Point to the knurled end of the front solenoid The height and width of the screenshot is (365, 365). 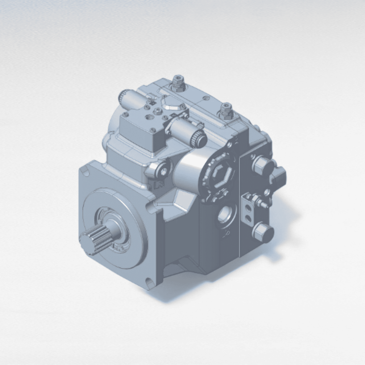click(199, 138)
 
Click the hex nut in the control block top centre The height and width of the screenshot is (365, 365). click(158, 111)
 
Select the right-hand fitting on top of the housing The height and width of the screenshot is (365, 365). click(226, 110)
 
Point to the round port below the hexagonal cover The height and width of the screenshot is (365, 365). click(225, 215)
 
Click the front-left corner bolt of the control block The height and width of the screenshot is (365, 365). click(125, 114)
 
